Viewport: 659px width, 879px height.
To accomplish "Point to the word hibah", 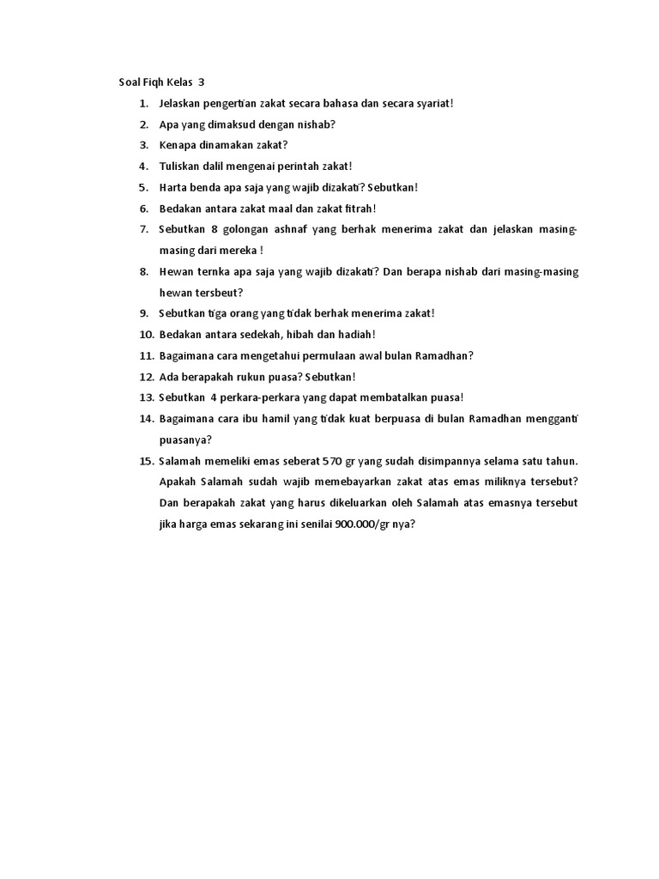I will click(318, 334).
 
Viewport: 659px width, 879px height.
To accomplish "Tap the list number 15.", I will click(145, 460).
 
